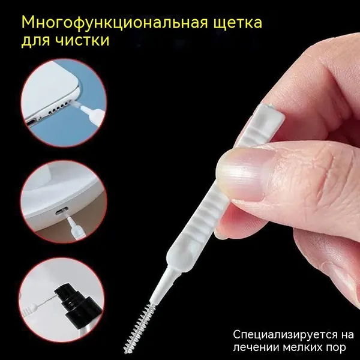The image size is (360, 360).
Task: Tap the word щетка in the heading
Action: point(238,23)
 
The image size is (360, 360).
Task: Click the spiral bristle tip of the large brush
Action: point(139,328)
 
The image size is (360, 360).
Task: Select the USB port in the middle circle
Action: point(61,209)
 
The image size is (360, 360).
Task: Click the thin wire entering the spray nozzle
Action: point(46,302)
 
